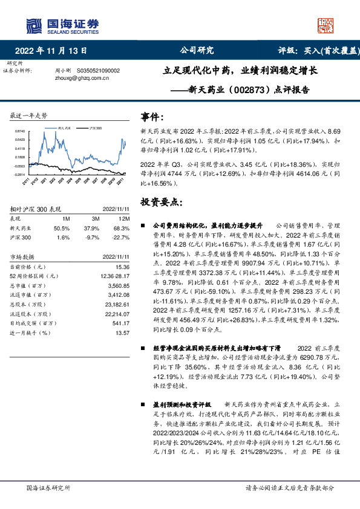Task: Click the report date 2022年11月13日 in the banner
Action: pos(54,51)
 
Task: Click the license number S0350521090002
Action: pos(99,71)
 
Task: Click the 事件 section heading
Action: pos(152,117)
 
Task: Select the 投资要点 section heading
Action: pos(160,201)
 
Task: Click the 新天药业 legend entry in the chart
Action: pos(63,129)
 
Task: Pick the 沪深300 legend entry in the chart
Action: pos(94,129)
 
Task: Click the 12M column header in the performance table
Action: pos(125,218)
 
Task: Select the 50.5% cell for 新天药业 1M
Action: pos(62,228)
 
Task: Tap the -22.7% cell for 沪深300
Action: pos(123,238)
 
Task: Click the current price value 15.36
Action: pos(123,266)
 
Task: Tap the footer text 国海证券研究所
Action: pos(49,487)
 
